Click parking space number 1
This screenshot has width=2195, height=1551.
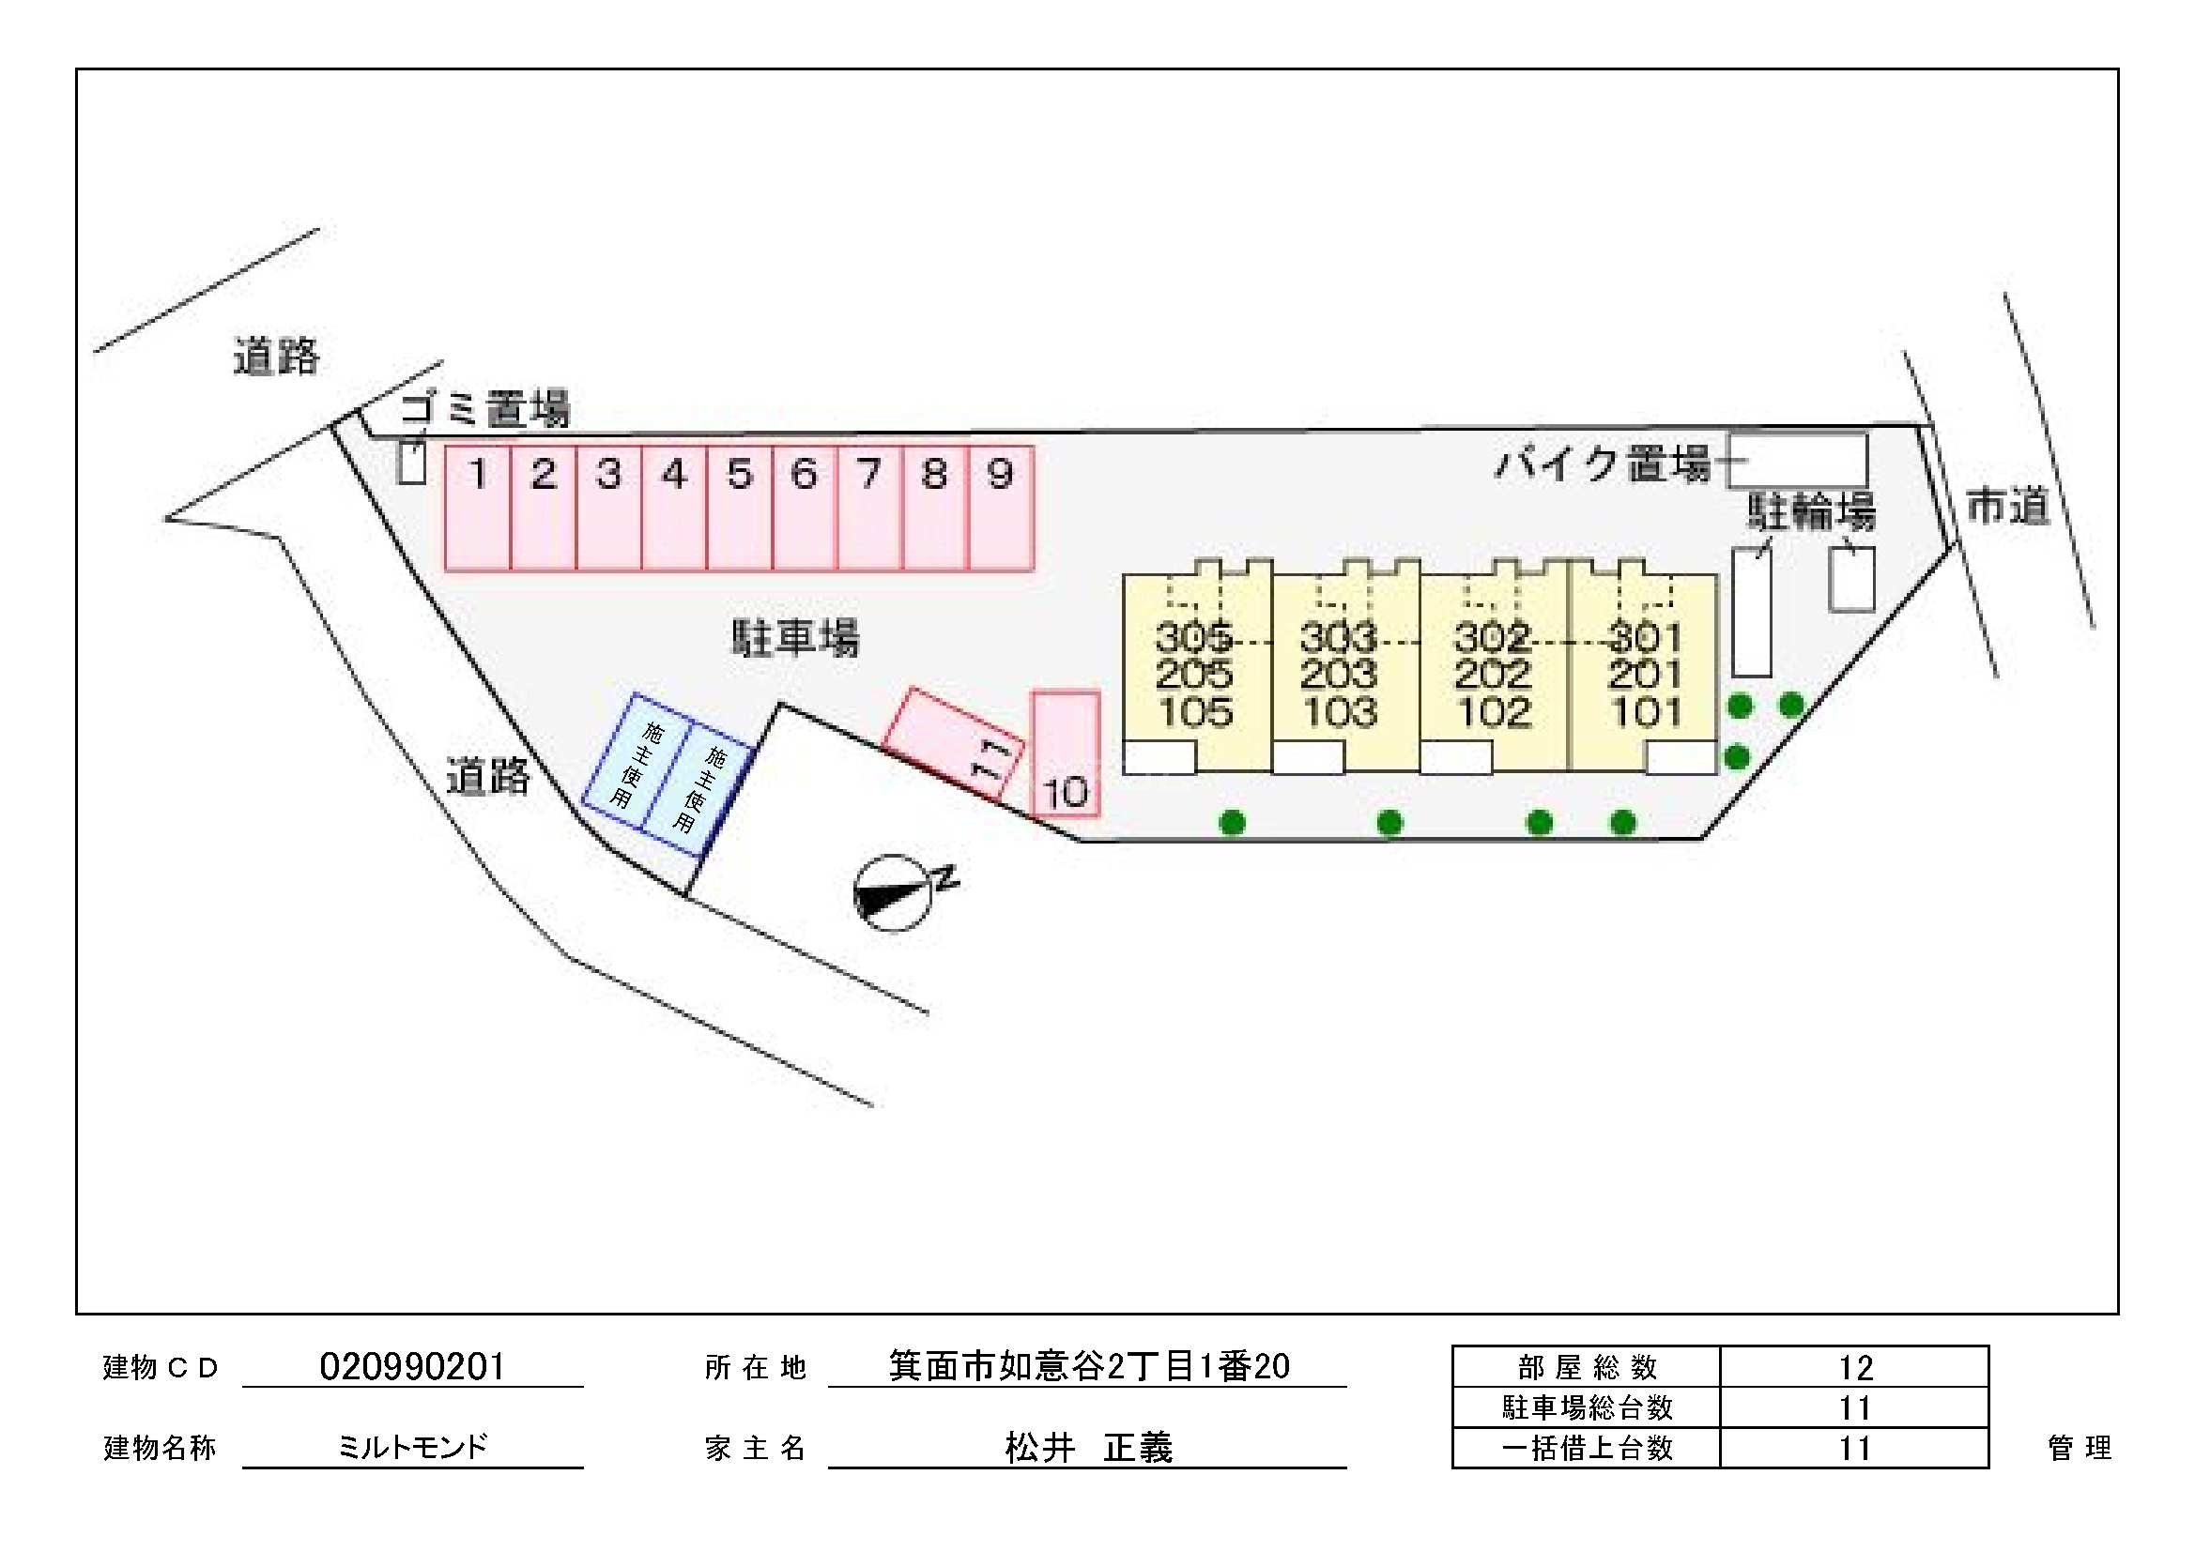(x=478, y=509)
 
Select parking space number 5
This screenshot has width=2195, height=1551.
(x=740, y=509)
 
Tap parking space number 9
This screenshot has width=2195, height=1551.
(x=1001, y=509)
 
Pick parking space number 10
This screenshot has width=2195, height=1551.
(x=1066, y=754)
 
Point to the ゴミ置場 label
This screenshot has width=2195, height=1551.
(x=484, y=409)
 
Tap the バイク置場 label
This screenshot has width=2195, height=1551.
(x=1604, y=464)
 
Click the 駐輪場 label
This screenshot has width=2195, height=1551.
(x=1812, y=512)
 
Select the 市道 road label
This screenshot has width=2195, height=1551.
(x=2007, y=506)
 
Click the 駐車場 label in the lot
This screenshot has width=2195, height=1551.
(x=795, y=637)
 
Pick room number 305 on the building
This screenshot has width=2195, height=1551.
(x=1193, y=636)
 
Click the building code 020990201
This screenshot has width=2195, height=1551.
(x=412, y=1366)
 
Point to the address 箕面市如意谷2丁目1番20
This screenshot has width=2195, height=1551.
(x=1089, y=1366)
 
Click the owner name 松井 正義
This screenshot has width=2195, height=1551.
(x=1089, y=1448)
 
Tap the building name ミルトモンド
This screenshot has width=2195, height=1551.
(x=413, y=1447)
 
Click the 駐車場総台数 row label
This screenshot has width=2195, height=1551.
(x=1587, y=1407)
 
